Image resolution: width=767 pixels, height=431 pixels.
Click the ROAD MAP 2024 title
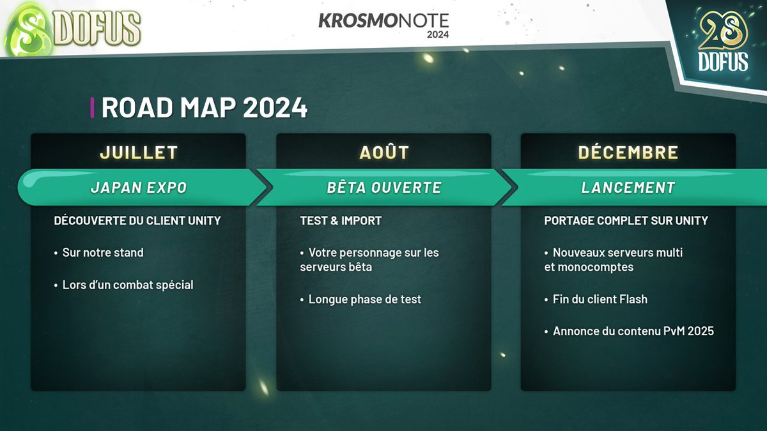204,108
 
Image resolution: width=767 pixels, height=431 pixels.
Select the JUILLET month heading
139,153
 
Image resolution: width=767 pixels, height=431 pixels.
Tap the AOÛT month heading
384,153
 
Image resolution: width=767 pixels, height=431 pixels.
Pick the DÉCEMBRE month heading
628,153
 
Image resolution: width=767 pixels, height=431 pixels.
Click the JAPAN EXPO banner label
139,187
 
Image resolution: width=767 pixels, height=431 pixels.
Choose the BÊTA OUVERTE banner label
384,187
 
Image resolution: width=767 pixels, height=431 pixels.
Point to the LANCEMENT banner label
628,187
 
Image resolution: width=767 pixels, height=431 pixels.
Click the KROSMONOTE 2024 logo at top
383,24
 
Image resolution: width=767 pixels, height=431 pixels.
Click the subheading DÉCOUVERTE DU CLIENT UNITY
137,220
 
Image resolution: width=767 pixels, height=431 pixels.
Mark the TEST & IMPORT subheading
341,220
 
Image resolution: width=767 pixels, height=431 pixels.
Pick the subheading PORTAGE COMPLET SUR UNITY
626,220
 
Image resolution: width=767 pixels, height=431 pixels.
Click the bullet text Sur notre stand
102,252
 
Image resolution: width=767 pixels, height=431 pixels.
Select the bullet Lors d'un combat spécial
127,285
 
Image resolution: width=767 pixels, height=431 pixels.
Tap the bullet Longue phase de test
364,299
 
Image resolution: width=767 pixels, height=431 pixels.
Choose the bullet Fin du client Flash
600,299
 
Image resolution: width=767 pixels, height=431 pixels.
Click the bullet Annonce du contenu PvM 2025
633,331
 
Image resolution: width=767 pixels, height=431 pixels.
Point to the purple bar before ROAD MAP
93,108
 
